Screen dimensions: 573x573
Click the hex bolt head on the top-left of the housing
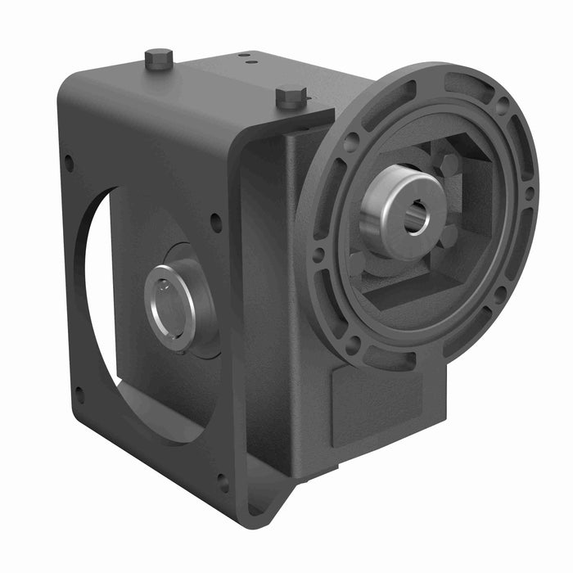(x=159, y=58)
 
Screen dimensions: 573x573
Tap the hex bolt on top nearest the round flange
(x=291, y=96)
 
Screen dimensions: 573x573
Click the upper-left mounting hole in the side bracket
(x=69, y=163)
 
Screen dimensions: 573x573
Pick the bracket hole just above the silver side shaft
(x=215, y=221)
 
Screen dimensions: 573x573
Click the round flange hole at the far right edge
(x=530, y=194)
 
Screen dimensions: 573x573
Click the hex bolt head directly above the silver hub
(x=449, y=166)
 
